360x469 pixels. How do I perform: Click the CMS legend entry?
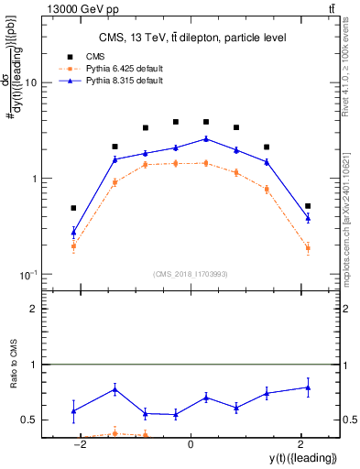click(x=91, y=56)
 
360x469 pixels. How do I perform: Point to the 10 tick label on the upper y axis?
click(x=29, y=82)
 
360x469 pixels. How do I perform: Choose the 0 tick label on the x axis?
click(x=191, y=444)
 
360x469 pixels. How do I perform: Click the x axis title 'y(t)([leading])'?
click(x=302, y=457)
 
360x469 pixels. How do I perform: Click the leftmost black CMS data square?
click(x=73, y=208)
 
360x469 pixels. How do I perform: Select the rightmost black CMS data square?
click(x=308, y=206)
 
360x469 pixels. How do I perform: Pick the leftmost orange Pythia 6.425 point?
click(x=73, y=245)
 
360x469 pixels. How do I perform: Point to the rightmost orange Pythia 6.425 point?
click(x=308, y=247)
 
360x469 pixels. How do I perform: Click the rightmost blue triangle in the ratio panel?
click(x=308, y=387)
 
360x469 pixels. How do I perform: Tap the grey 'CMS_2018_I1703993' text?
click(x=190, y=274)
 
